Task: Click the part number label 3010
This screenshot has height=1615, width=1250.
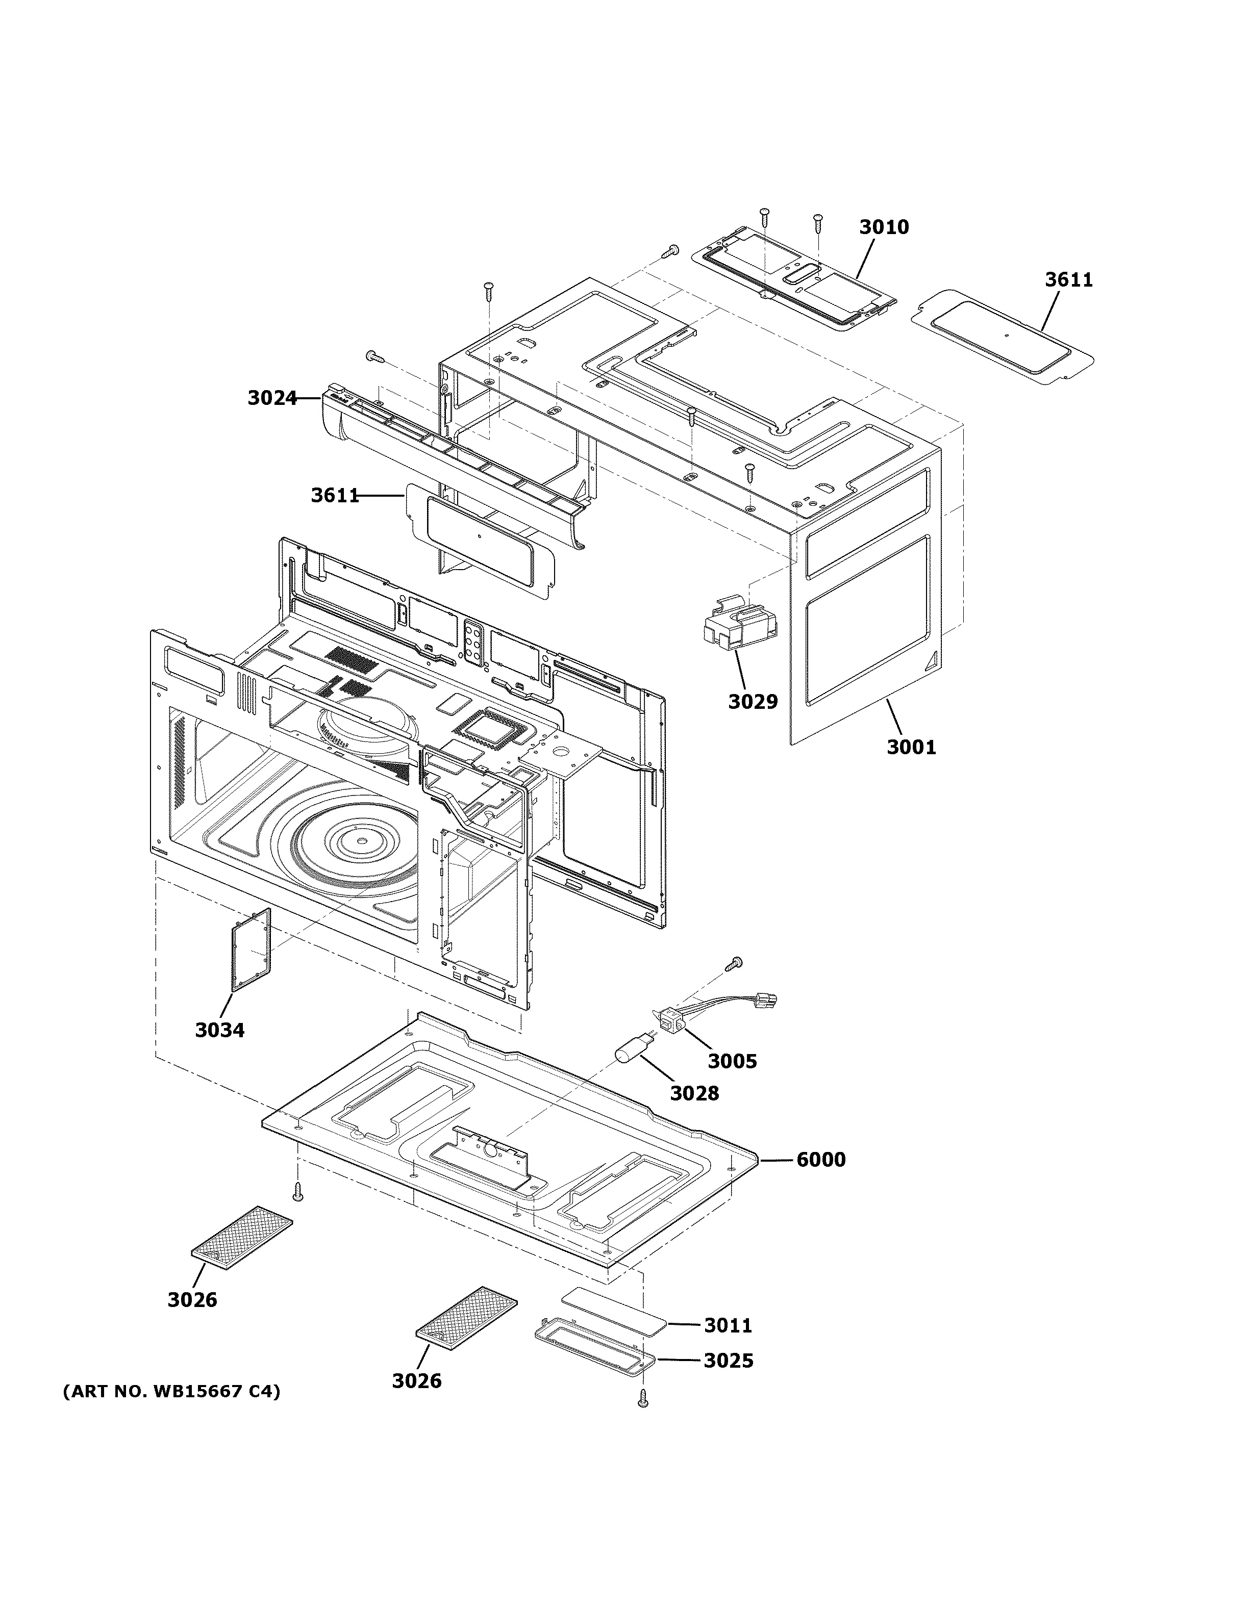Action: [x=884, y=227]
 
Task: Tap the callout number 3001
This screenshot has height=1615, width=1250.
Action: [x=911, y=748]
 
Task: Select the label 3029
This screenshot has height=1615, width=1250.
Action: [x=753, y=702]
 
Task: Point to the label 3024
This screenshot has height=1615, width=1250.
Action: [x=271, y=399]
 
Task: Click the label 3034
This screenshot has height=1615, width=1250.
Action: [x=220, y=1030]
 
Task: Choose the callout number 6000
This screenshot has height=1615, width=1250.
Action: [x=820, y=1160]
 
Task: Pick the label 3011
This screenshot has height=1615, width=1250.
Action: [x=728, y=1326]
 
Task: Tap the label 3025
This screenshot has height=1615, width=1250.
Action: [x=728, y=1361]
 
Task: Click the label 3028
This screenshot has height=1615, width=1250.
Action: [x=694, y=1093]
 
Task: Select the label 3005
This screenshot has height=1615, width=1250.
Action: [x=732, y=1061]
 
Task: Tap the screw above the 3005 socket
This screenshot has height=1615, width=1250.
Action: [x=736, y=962]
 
